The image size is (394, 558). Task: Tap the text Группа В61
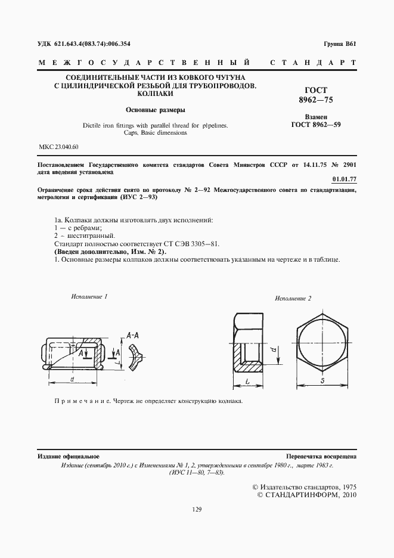coord(339,44)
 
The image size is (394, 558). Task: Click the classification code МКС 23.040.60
coord(58,147)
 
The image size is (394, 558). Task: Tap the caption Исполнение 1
coord(89,296)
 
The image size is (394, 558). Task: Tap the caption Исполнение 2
coord(293,298)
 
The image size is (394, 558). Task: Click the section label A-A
coord(134,336)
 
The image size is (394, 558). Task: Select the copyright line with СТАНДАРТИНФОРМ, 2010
coord(306,495)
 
